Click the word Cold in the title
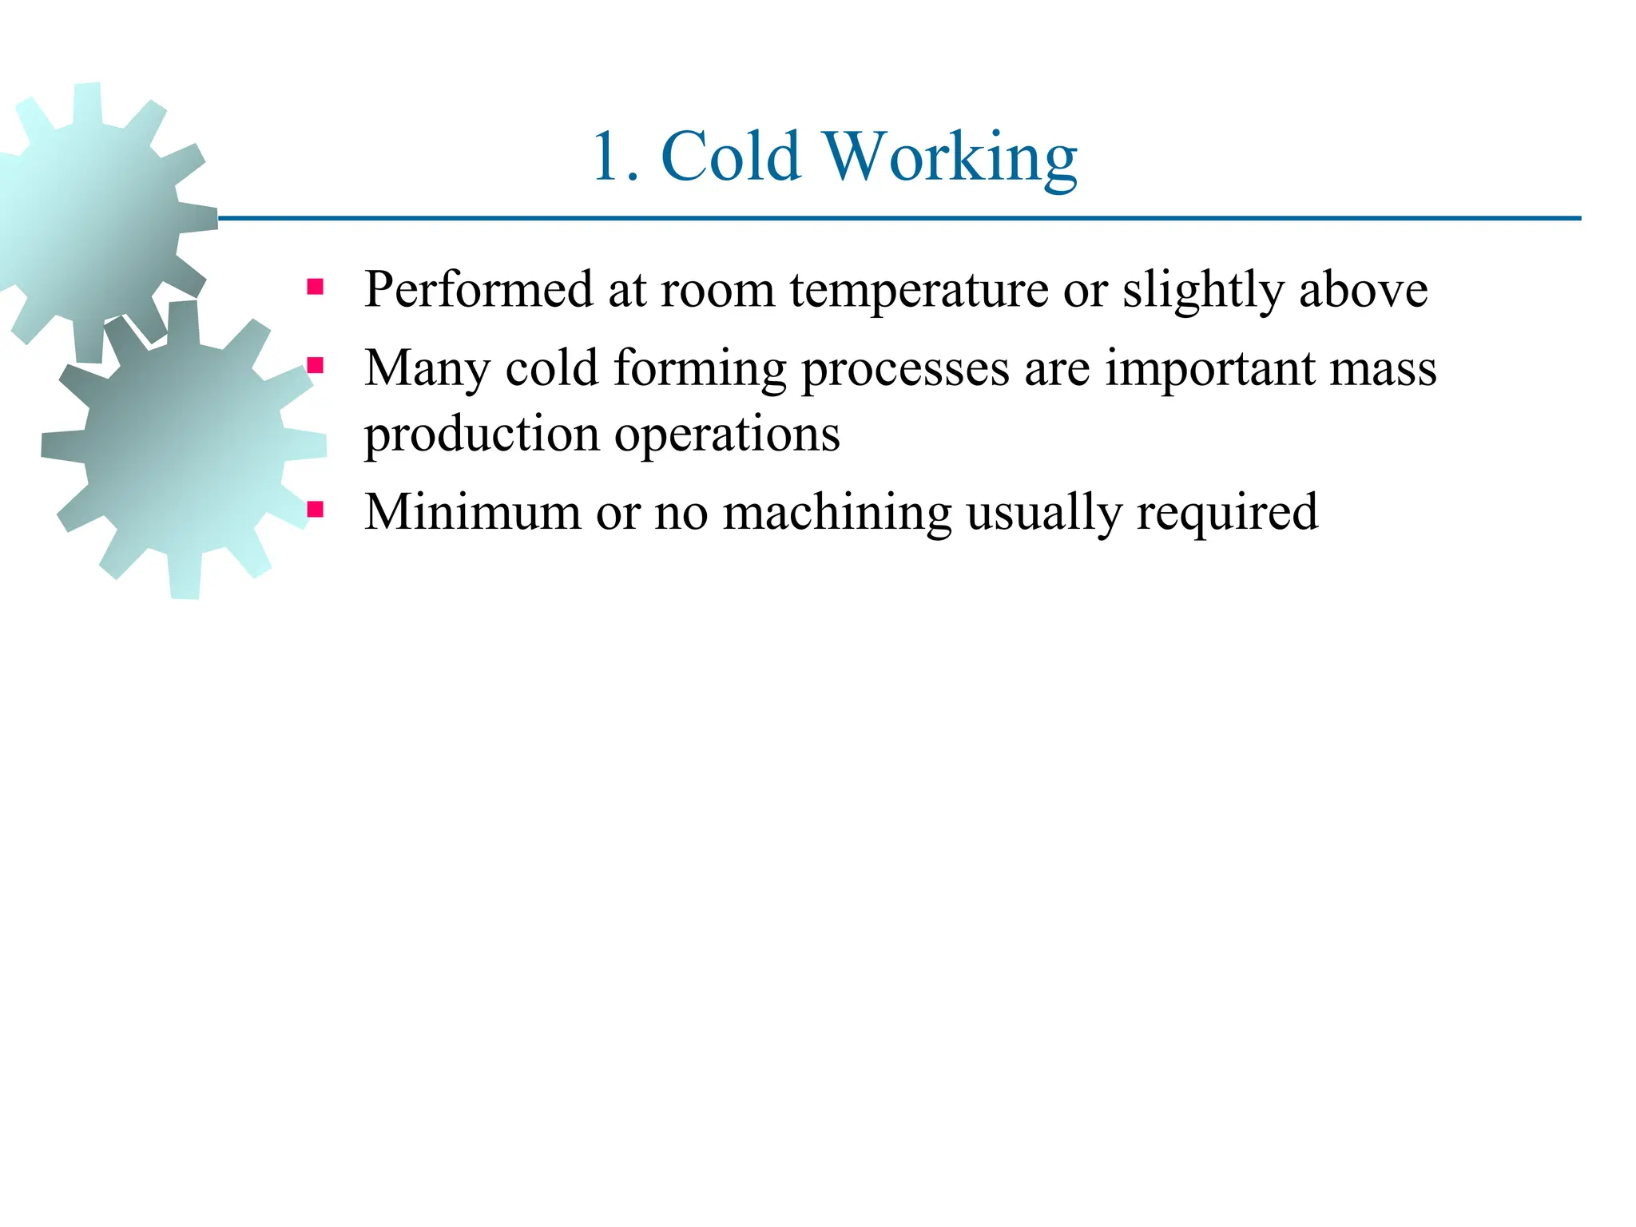click(x=731, y=157)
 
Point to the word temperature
click(x=919, y=290)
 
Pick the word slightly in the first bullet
click(x=1203, y=290)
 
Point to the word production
click(x=482, y=435)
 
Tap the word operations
click(x=727, y=435)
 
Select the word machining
click(x=837, y=513)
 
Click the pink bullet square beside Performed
click(x=316, y=287)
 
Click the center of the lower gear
click(x=183, y=450)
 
